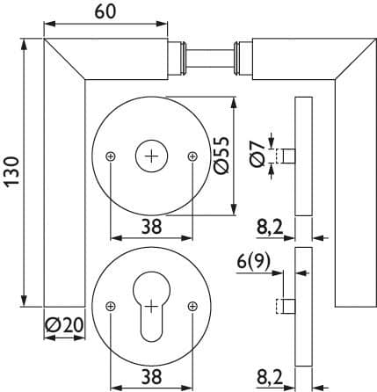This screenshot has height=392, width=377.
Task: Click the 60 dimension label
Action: pyautogui.click(x=105, y=12)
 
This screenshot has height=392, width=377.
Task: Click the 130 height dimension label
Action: pyautogui.click(x=12, y=172)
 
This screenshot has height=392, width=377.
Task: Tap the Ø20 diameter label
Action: pyautogui.click(x=64, y=325)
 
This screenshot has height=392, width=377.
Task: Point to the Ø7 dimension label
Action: pyautogui.click(x=257, y=154)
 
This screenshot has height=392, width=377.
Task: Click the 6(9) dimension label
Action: pyautogui.click(x=253, y=262)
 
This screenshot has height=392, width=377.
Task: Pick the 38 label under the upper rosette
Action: pyautogui.click(x=151, y=227)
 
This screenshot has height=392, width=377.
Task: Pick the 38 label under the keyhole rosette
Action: pyautogui.click(x=151, y=376)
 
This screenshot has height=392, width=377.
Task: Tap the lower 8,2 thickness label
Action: pyautogui.click(x=270, y=377)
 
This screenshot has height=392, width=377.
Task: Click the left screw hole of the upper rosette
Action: pyautogui.click(x=111, y=156)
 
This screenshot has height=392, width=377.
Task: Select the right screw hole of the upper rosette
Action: pyautogui.click(x=192, y=156)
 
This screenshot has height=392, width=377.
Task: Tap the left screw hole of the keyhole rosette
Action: pyautogui.click(x=111, y=307)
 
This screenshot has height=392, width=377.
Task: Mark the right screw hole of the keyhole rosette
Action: pyautogui.click(x=192, y=307)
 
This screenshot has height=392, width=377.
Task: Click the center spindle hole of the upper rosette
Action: pyautogui.click(x=151, y=156)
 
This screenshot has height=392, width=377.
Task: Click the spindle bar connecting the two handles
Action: pyautogui.click(x=210, y=59)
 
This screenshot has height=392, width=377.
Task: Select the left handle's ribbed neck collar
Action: pyautogui.click(x=177, y=59)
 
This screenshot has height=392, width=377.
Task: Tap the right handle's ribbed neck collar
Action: pyautogui.click(x=243, y=59)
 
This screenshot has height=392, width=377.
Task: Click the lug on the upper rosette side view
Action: pyautogui.click(x=286, y=156)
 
